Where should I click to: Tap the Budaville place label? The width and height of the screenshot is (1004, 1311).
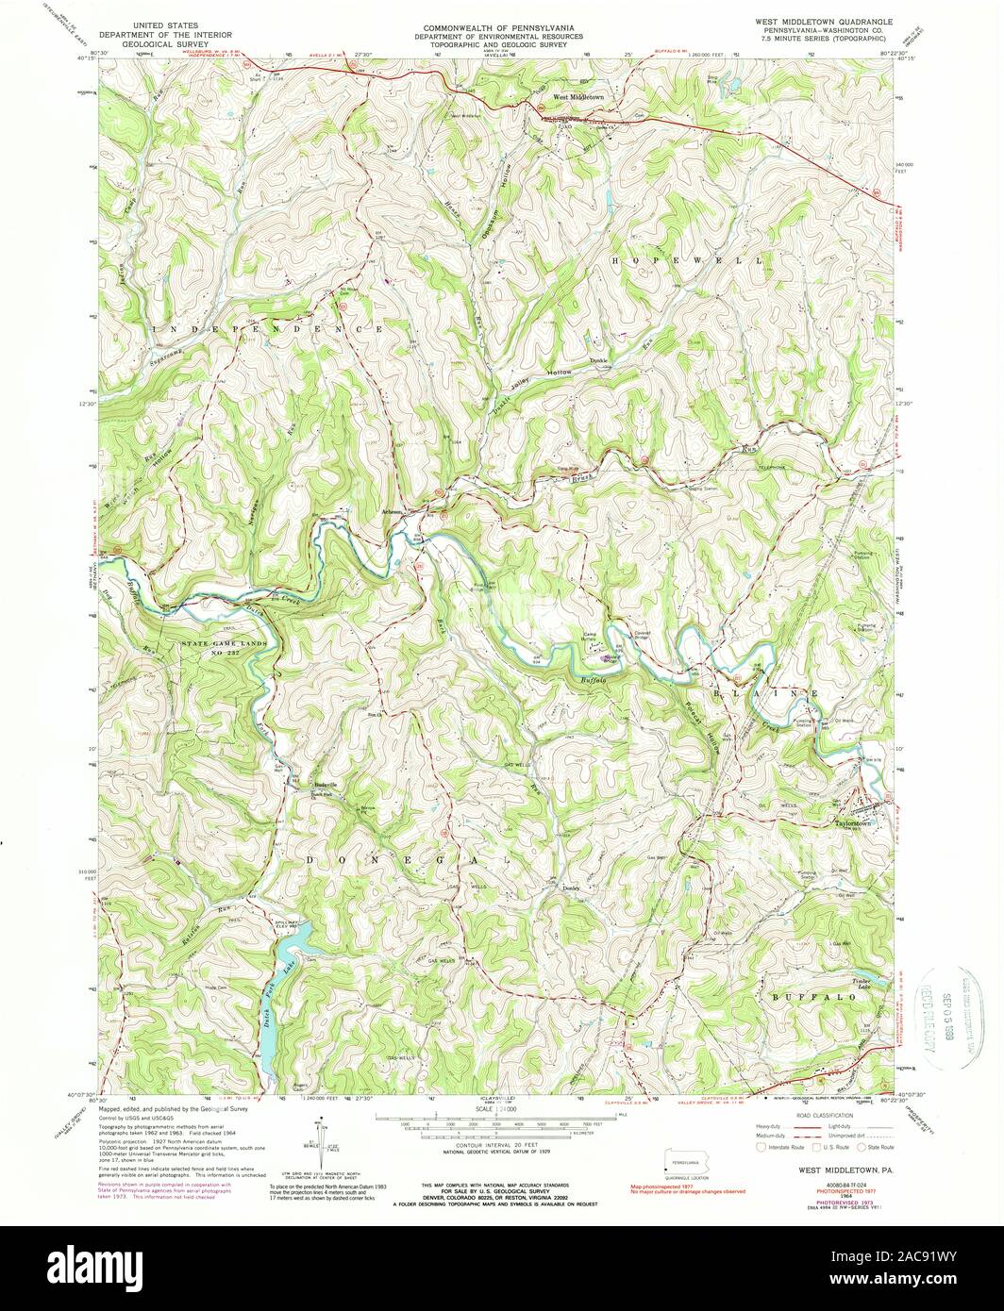point(325,784)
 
